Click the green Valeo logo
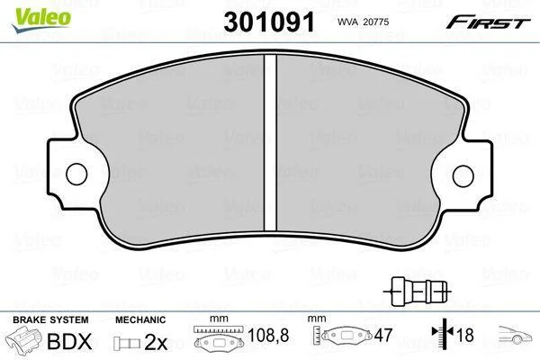41,21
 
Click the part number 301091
269,22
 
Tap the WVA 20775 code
363,22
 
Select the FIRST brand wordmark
488,22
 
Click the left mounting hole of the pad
76,174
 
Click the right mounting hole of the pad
463,175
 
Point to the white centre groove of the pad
270,142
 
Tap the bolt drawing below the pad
418,291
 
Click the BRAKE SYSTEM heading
50,319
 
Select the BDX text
69,342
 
